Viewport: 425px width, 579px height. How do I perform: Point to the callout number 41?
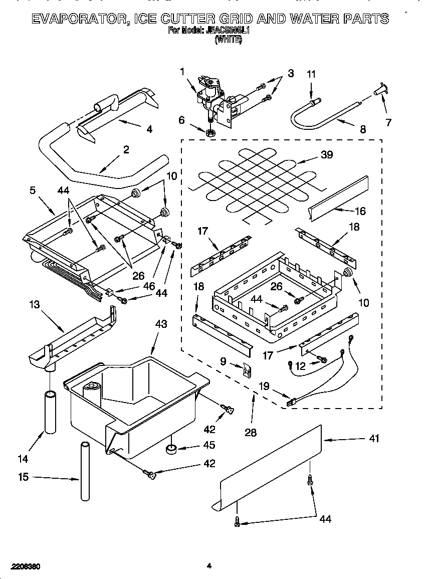pyautogui.click(x=374, y=439)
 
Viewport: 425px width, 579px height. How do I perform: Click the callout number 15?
pyautogui.click(x=23, y=477)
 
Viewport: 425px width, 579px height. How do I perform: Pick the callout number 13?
pyautogui.click(x=34, y=304)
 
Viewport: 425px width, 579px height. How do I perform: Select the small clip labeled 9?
pyautogui.click(x=246, y=369)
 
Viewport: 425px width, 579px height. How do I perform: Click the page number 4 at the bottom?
pyautogui.click(x=209, y=566)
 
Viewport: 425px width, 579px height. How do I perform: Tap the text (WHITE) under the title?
pyautogui.click(x=228, y=40)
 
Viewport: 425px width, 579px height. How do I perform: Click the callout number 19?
pyautogui.click(x=264, y=386)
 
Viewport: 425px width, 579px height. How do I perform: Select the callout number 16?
pyautogui.click(x=360, y=211)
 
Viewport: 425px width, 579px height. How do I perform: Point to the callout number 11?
pyautogui.click(x=311, y=74)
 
